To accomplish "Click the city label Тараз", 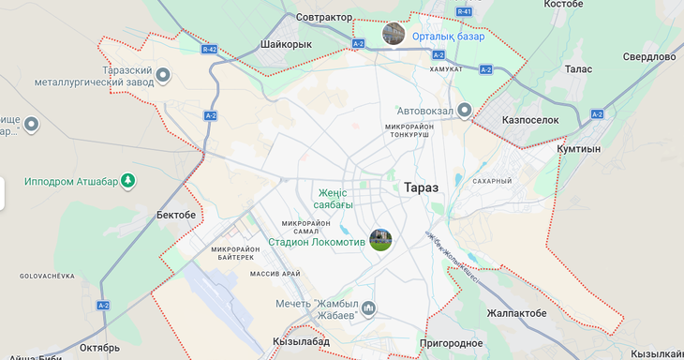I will [x=421, y=187].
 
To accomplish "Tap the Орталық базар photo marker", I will [x=394, y=35].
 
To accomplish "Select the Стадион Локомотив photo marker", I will [x=379, y=240].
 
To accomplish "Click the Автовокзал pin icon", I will [x=464, y=111].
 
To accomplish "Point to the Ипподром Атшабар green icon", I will [x=128, y=181].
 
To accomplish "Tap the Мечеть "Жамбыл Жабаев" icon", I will [x=369, y=307].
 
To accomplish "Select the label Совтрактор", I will [x=323, y=17].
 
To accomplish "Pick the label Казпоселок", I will [x=530, y=121].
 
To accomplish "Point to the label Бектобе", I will [x=176, y=215].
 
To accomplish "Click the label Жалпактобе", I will [x=516, y=313].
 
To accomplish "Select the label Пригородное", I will [x=452, y=344].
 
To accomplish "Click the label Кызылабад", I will [x=301, y=342].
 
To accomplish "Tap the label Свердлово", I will [x=649, y=56].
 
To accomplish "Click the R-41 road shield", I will [x=466, y=11].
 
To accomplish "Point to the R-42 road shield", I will [x=209, y=48].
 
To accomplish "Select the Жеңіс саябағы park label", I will [x=335, y=199].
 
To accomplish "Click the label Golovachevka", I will [x=47, y=277].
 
